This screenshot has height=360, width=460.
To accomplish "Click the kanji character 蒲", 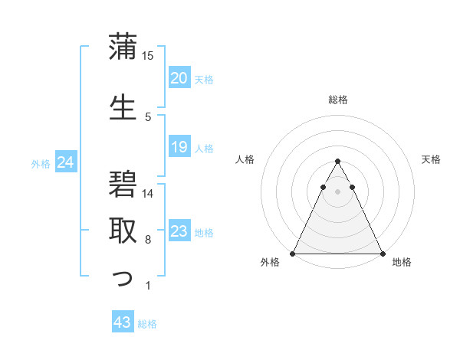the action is pos(123,47).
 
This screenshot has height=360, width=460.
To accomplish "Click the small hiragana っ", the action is pos(123,280).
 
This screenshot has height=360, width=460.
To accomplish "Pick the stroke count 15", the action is pos(148,56).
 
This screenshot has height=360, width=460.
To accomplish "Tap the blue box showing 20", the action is pos(179,77).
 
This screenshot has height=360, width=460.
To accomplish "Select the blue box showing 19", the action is pos(179,147).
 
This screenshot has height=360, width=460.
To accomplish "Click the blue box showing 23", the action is pos(179,231).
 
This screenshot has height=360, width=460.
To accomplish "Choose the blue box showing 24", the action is pos(66,162).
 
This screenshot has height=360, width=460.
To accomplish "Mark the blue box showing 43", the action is pos(123,322).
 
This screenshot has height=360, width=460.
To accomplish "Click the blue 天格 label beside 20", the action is pos(204,79).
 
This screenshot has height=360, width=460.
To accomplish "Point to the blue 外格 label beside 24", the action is pos(41,163).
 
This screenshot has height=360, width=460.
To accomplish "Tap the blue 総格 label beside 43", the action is pos(147,324).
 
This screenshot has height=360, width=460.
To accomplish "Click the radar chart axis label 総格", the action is pos(337,100).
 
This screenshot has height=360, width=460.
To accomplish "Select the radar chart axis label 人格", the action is pos(245,159).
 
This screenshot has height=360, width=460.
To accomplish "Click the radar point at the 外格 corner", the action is pos(293,253).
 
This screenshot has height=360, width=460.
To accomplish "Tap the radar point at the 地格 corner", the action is pos(382,253).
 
